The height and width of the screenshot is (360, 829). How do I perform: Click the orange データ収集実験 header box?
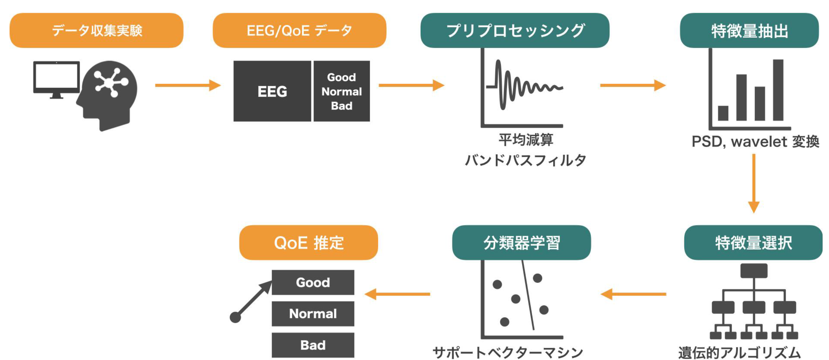96,31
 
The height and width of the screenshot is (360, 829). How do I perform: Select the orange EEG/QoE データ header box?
299,31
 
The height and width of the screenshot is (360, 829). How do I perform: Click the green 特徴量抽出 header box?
749,31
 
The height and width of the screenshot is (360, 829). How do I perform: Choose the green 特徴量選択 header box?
753,243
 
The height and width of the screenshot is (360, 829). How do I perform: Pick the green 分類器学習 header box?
521,243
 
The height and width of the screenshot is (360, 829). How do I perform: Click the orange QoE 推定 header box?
308,243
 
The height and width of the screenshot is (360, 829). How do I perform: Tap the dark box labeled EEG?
272,91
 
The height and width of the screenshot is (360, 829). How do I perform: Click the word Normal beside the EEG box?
341,92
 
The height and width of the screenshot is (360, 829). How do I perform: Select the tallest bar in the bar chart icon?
778,90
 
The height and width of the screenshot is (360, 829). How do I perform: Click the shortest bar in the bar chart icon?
723,113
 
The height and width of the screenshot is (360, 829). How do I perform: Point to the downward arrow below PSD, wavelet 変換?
754,183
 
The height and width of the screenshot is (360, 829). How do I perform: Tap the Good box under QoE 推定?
313,282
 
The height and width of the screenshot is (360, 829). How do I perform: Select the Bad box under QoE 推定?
313,345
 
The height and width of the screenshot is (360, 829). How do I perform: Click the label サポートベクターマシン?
508,352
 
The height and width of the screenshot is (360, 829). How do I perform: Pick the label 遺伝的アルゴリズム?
739,352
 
